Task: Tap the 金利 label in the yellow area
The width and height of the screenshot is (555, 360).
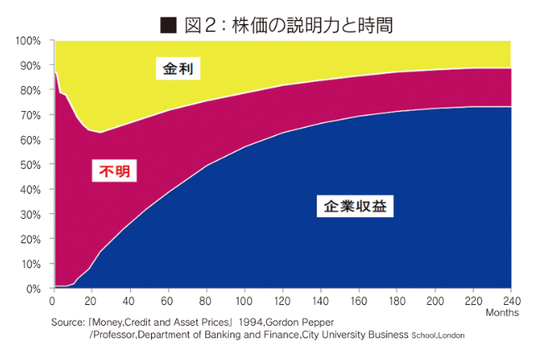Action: [178, 68]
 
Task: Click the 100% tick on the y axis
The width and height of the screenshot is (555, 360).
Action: [28, 41]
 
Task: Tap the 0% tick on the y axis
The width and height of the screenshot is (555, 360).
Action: [34, 289]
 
